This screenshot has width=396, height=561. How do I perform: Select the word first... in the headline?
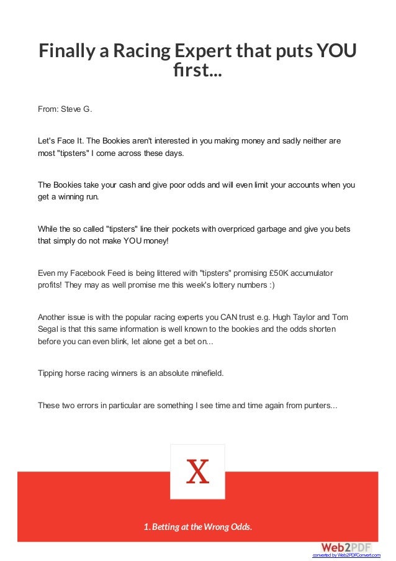[199, 73]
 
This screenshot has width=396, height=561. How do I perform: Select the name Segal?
[50, 329]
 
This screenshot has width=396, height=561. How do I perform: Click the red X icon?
[197, 472]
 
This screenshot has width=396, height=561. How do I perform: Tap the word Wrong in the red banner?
[215, 527]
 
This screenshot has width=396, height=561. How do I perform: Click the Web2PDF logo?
[346, 547]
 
